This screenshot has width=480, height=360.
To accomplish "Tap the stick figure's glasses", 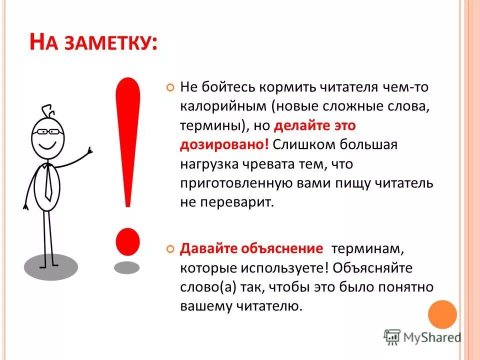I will pyautogui.click(x=47, y=131).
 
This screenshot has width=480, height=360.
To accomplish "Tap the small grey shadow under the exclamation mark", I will pyautogui.click(x=126, y=267).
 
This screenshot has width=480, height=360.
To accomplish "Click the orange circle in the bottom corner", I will pyautogui.click(x=442, y=314).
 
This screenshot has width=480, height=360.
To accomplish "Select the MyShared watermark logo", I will pyautogui.click(x=422, y=337).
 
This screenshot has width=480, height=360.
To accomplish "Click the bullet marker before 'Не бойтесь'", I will pyautogui.click(x=170, y=87).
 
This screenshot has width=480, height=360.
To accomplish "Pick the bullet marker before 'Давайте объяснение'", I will pyautogui.click(x=170, y=248).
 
